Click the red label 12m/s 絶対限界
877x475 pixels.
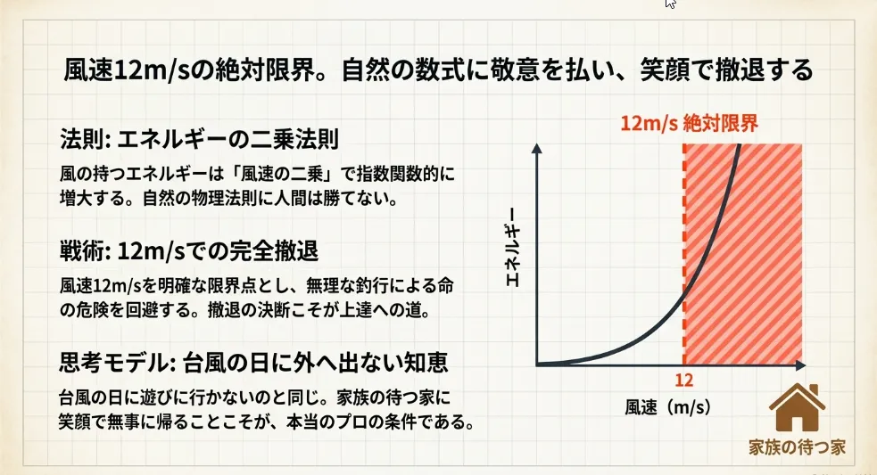tap(688, 125)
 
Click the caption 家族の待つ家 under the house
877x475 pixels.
tap(797, 448)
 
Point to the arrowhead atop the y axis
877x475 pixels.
tap(537, 148)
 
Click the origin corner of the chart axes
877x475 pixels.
tap(538, 364)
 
